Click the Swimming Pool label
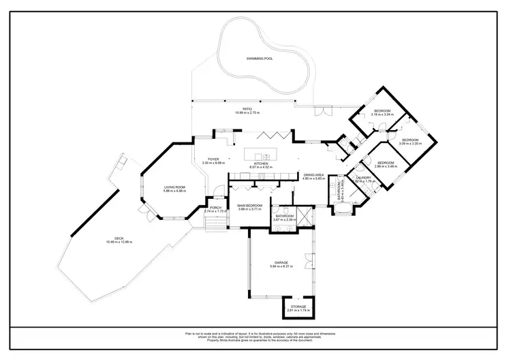coord(260,59)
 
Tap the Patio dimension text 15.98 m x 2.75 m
coord(247,112)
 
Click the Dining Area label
coord(314,174)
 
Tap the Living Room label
coord(174,187)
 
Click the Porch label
coord(215,207)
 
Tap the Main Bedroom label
coord(249,205)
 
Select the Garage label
coord(281,262)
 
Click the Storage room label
coord(296,307)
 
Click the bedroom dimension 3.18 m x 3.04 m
coord(382,114)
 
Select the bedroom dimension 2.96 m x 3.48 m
coord(386,166)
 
